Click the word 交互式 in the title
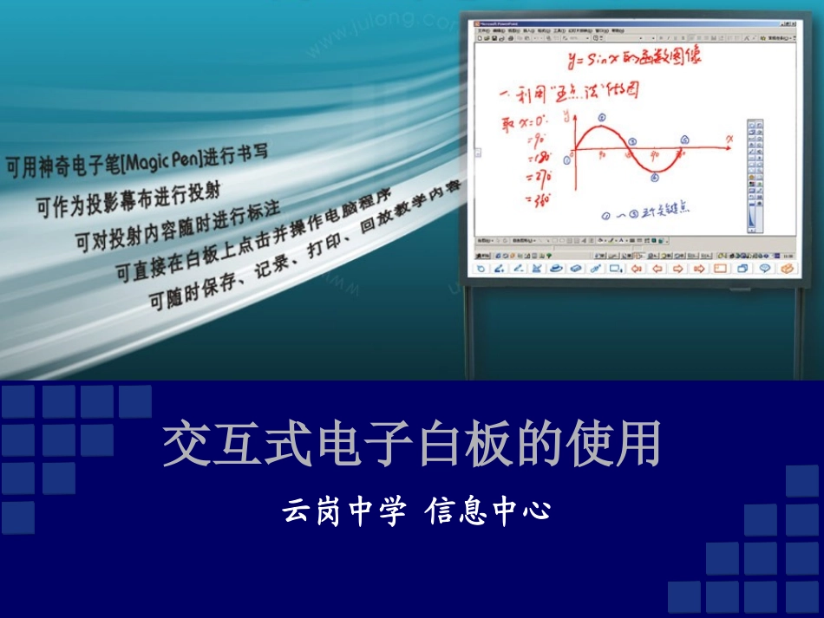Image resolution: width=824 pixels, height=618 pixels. tap(229, 445)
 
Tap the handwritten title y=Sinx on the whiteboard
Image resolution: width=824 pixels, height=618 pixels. tap(632, 58)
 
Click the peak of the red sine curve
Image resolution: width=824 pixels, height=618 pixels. tap(600, 127)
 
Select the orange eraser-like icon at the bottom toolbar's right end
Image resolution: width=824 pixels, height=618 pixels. tap(787, 269)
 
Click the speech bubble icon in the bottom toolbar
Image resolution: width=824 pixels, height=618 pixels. tap(764, 269)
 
